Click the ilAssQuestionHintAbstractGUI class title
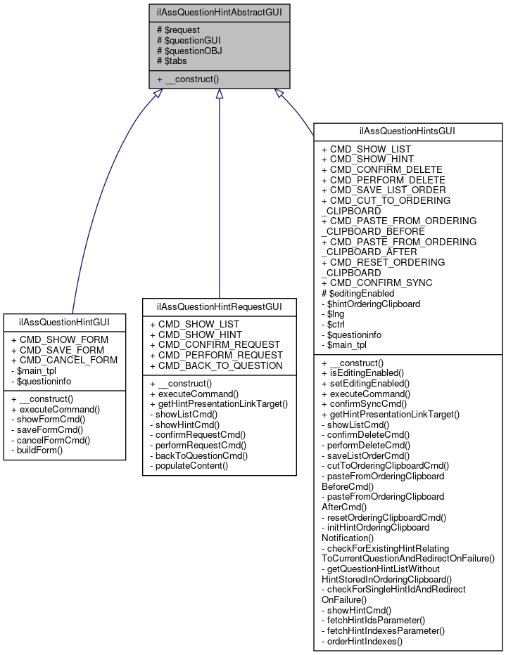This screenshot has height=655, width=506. point(220,12)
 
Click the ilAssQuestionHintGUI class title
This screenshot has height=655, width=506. point(64,322)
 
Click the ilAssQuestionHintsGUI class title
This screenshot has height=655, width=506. point(408,131)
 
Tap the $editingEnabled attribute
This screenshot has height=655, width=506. point(358,293)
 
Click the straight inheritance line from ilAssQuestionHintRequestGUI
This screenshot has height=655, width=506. point(220,197)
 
